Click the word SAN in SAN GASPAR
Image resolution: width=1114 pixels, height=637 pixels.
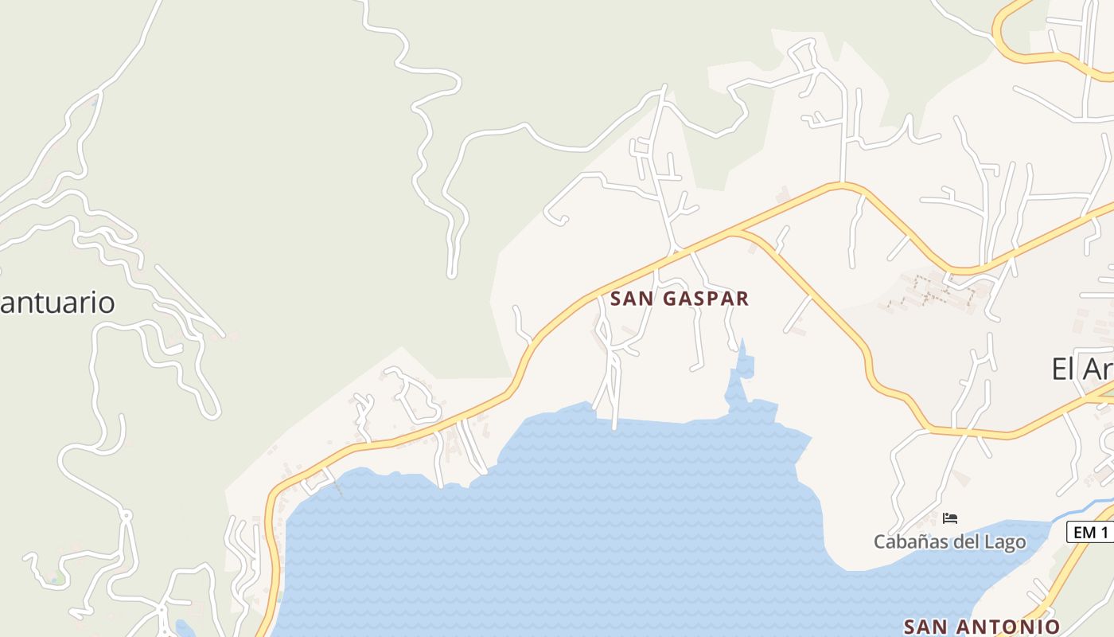coord(633,299)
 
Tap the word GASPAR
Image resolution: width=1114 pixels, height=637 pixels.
coord(706,299)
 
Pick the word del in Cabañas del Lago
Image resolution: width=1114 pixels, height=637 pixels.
coord(964,542)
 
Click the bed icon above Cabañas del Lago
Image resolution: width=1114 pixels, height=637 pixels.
coord(949,518)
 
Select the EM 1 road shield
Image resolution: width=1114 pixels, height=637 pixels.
coord(1090,533)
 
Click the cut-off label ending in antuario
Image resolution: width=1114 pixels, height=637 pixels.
coord(57,303)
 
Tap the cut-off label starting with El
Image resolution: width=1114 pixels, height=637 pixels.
coord(1082,369)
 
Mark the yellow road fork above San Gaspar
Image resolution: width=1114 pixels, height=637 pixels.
coord(736,233)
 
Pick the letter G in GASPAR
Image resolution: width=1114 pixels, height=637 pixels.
coord(671,299)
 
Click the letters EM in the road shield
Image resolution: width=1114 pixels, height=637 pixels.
coord(1085,533)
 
